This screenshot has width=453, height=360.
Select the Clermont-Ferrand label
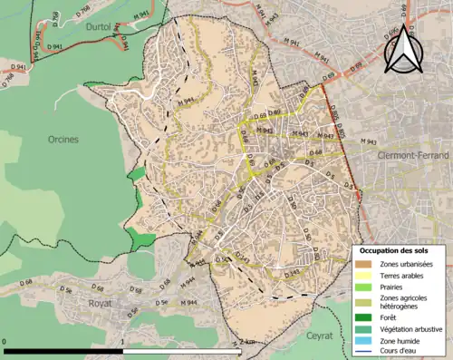point(414,155)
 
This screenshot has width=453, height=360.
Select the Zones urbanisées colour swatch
point(362,264)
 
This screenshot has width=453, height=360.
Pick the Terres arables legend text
point(405,275)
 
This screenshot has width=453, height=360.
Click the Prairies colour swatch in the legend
point(362,287)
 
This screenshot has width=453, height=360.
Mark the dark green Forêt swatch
point(362,317)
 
